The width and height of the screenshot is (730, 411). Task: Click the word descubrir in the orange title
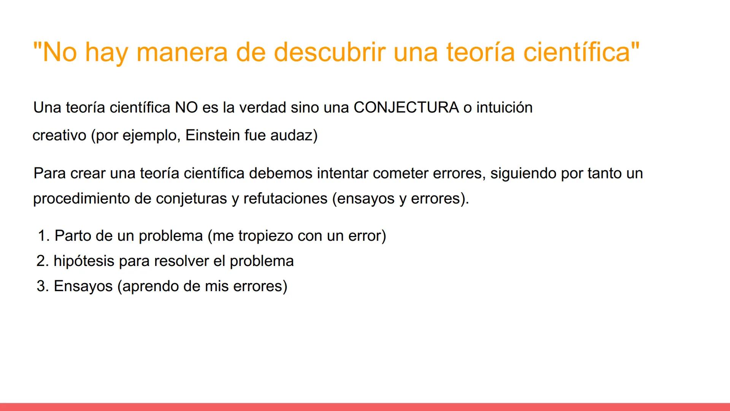329,52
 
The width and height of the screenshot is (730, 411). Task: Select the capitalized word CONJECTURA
406,108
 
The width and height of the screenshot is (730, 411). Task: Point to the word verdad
262,108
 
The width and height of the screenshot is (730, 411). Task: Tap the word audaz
294,135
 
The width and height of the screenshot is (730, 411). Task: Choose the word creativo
59,135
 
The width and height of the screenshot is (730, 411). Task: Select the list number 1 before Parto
43,236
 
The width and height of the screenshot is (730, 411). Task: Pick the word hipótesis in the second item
84,261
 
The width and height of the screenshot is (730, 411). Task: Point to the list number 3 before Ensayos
42,286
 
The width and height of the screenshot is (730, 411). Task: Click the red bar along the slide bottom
365,407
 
